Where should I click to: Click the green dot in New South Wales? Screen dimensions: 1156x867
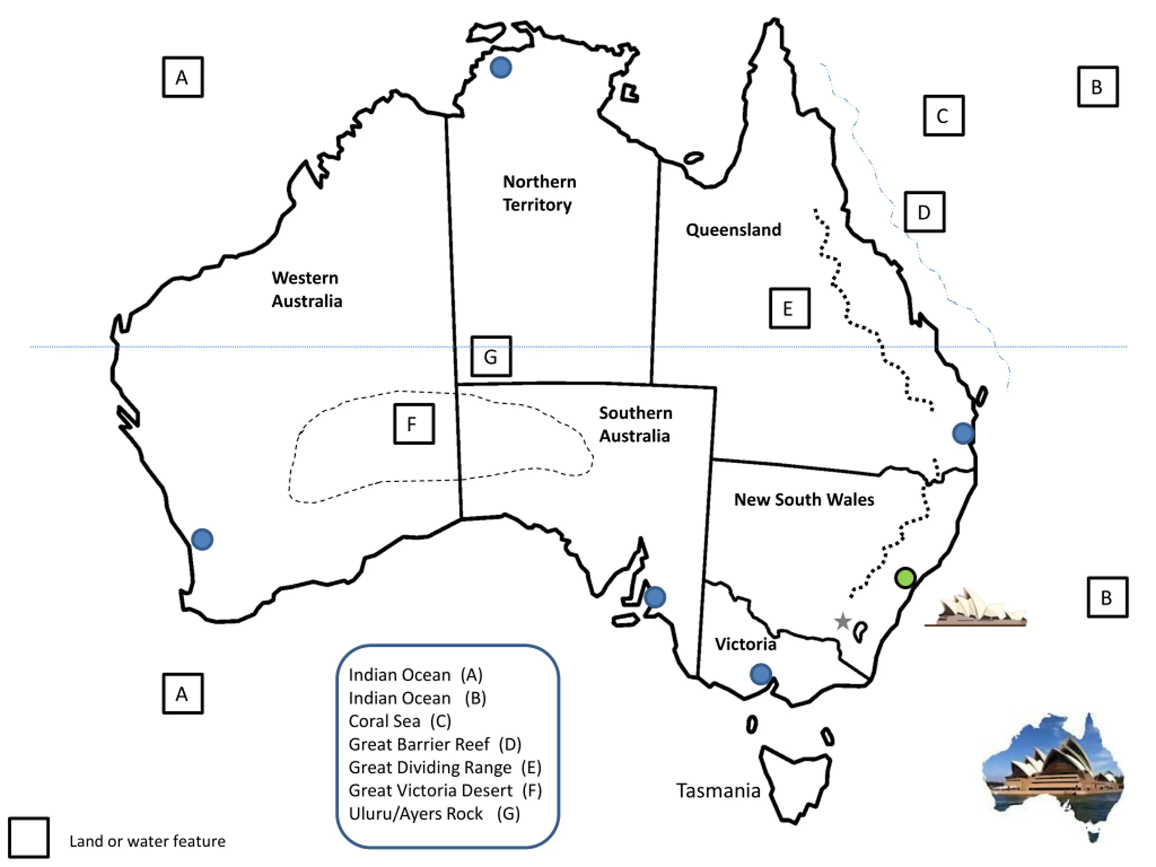[905, 578]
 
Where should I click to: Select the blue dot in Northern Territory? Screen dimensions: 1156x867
[501, 67]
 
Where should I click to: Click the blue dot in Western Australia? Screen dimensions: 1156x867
[202, 539]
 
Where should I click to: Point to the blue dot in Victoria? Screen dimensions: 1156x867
[760, 674]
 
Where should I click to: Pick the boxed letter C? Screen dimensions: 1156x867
[943, 116]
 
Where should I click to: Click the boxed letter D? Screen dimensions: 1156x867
[924, 212]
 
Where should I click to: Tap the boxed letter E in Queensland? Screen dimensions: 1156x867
[789, 308]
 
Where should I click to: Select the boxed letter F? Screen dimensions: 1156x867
[413, 424]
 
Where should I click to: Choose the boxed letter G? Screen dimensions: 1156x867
[491, 356]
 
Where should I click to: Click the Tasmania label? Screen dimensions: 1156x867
[718, 791]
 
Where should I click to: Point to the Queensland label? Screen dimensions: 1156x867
[733, 230]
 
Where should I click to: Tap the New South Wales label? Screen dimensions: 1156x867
[804, 499]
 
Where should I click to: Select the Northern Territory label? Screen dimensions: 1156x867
[539, 193]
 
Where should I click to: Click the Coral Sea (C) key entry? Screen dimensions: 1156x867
[400, 721]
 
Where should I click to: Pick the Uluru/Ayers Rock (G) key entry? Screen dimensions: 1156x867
[434, 814]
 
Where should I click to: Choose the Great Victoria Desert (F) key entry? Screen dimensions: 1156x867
[445, 791]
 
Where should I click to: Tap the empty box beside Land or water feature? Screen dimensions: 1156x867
[29, 838]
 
